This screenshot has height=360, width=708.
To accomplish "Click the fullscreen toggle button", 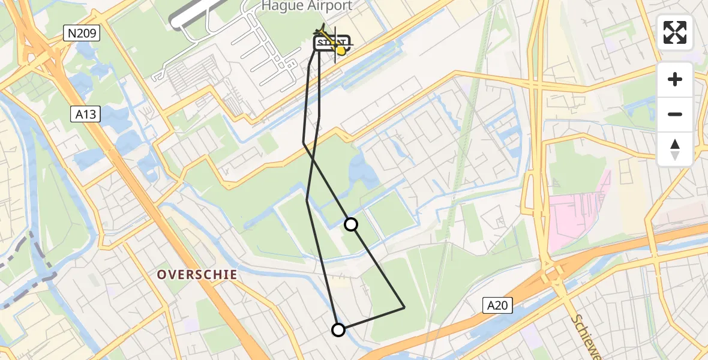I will click(675, 32).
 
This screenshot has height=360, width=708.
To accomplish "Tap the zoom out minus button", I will click(675, 115).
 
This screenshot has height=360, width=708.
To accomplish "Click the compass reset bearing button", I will click(675, 149).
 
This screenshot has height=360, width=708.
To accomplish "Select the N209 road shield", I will click(82, 34).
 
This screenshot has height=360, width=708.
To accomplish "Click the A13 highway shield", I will click(86, 115).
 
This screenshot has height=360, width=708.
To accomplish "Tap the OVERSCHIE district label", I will click(197, 275).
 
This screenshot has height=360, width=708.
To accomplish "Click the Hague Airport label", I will click(306, 6).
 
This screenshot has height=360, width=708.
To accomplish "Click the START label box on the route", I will click(327, 43).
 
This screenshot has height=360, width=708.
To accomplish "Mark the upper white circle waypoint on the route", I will click(351, 224).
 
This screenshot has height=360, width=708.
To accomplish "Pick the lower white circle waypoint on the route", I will click(338, 330).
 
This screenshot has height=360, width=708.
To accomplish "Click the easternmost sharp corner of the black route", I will click(405, 307).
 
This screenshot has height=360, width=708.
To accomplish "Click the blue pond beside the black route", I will click(363, 171).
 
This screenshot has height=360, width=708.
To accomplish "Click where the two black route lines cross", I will click(312, 159).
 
